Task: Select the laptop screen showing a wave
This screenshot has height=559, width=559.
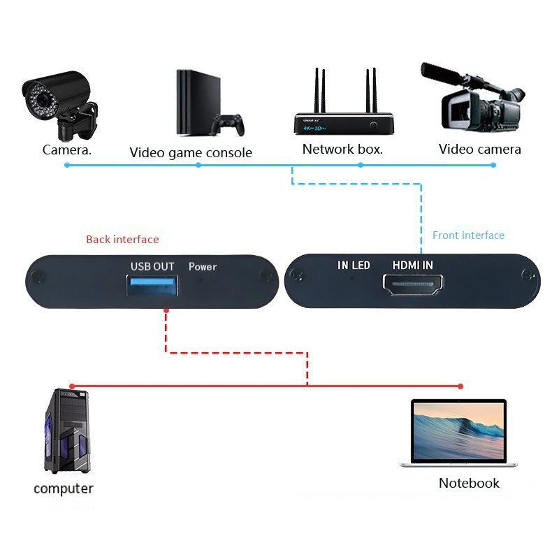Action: click(458, 430)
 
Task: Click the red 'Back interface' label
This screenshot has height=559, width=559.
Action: click(122, 240)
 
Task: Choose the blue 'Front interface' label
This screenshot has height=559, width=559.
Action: click(468, 235)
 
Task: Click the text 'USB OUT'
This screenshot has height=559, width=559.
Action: click(152, 266)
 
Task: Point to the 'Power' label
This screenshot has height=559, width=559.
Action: click(203, 266)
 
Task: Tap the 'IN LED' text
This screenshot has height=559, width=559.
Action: click(354, 266)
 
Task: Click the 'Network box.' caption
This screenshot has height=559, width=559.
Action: click(342, 149)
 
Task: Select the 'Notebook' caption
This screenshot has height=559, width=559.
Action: click(469, 483)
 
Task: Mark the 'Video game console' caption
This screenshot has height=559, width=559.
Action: click(191, 152)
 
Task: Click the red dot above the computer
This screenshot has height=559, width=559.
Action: click(71, 386)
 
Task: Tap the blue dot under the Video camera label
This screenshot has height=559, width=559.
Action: click(493, 165)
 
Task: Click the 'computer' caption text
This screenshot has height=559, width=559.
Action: click(63, 488)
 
